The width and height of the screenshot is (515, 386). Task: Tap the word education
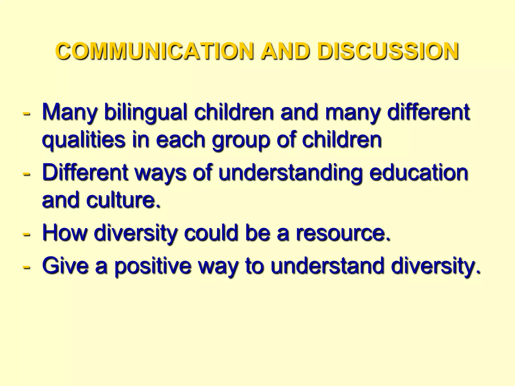click(x=418, y=172)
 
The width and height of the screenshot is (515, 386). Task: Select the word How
click(x=65, y=232)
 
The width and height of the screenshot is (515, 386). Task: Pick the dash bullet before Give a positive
click(x=26, y=267)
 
